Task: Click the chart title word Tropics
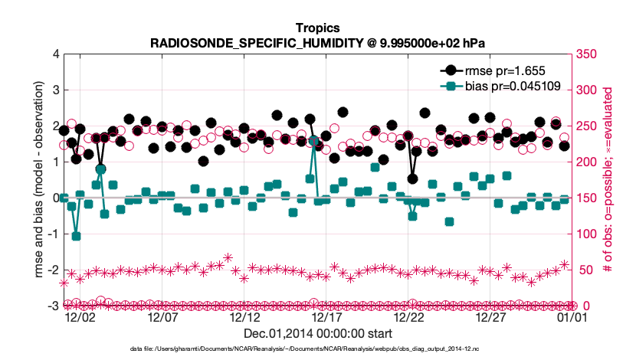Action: (x=317, y=28)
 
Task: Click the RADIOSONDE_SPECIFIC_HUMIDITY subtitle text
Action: (x=317, y=43)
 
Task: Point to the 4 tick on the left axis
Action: (x=54, y=54)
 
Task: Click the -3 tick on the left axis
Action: (x=51, y=306)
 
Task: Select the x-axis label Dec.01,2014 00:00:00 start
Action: (x=317, y=334)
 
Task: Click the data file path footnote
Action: (x=317, y=349)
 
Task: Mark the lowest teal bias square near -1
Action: (x=76, y=236)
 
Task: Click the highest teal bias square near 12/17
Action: (x=314, y=142)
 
